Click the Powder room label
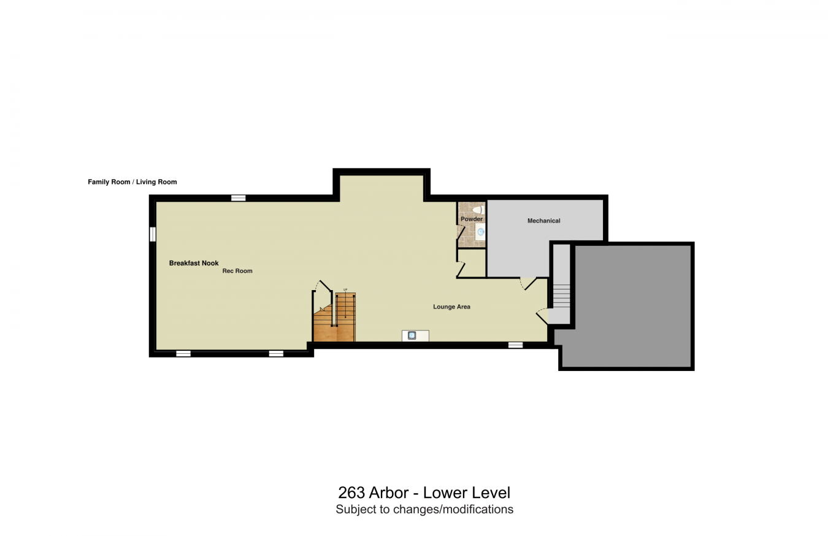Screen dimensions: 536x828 pos(472,219)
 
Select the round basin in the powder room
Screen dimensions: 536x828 pos(481,232)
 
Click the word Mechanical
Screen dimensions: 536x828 pos(543,221)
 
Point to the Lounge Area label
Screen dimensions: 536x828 pos(451,307)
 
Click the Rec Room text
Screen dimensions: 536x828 pos(237,271)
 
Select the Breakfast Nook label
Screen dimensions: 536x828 pos(194,263)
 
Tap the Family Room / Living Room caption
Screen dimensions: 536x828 pos(132,182)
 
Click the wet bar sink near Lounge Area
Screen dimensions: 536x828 pos(412,335)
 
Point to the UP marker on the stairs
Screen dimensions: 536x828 pos(345,289)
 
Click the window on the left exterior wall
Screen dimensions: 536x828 pos(153,234)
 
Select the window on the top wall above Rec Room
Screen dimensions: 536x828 pos(238,197)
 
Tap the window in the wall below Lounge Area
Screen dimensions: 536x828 pos(515,345)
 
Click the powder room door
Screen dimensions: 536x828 pos(460,232)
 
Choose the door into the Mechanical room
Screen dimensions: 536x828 pos(527,284)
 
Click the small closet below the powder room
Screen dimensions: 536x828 pos(471,264)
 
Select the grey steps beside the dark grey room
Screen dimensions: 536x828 pos(561,295)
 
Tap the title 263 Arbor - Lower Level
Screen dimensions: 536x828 pos(424,492)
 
